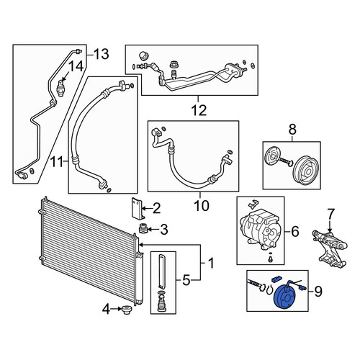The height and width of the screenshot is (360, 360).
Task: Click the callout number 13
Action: [101, 54]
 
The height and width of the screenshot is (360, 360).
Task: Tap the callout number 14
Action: [76, 66]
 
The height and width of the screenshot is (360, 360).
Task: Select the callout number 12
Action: [199, 111]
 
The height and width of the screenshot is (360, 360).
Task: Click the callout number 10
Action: [202, 206]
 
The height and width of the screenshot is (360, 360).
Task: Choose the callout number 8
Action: [292, 130]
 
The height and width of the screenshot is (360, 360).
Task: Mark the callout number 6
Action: [295, 232]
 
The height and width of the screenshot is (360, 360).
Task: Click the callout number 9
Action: [318, 292]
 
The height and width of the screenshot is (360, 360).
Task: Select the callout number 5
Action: [186, 280]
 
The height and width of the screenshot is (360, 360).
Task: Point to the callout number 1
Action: [211, 264]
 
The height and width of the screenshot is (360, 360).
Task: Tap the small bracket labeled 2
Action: [138, 209]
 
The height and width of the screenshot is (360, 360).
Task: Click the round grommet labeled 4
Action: [127, 310]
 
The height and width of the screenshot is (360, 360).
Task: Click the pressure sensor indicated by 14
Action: [60, 88]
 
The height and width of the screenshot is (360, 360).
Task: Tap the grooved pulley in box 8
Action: [307, 171]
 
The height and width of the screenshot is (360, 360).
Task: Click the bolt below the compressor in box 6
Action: [271, 259]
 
